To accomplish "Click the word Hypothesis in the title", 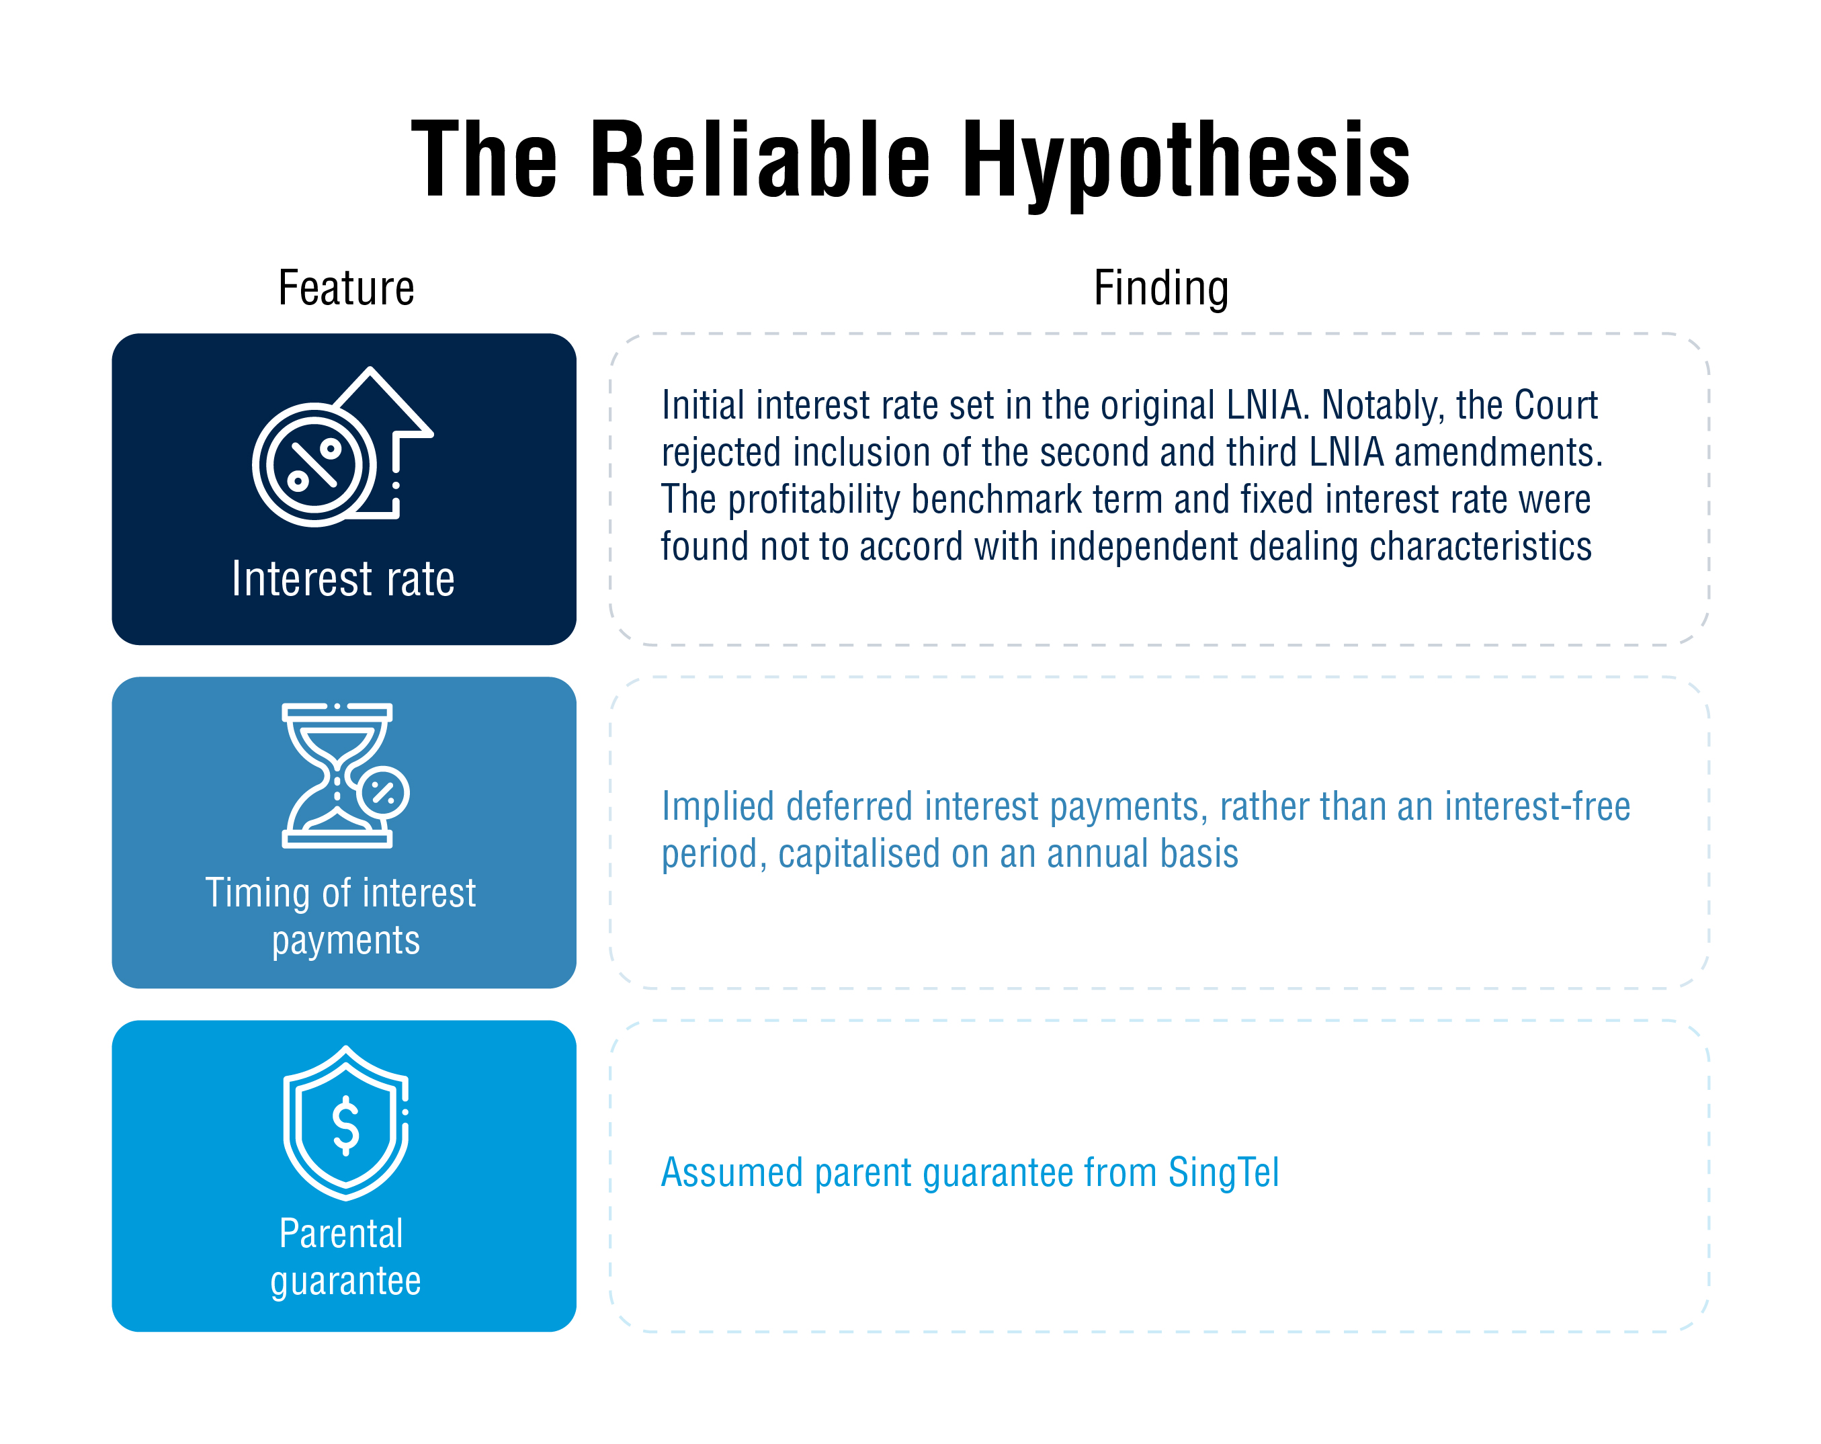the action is (1185, 162).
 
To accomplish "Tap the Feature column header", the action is (346, 288).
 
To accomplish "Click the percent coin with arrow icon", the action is (342, 447).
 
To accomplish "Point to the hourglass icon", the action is (345, 775).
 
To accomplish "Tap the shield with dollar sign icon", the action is (346, 1122).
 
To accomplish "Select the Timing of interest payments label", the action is (341, 917).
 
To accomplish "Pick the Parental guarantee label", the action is (345, 1257).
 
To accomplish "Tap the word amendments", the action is (1498, 453).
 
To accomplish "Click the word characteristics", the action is (1480, 546).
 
